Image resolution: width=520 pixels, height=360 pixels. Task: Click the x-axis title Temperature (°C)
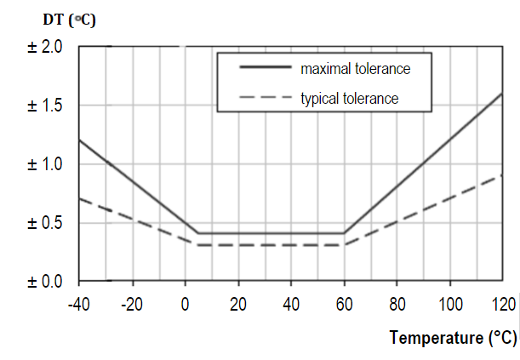pos(453,338)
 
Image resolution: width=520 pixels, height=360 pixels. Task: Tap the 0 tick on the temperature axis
pos(185,305)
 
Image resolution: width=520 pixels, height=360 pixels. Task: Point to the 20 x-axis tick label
pos(237,305)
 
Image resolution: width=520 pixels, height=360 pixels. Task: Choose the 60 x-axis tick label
pos(344,305)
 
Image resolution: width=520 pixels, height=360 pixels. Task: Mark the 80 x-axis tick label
pos(397,305)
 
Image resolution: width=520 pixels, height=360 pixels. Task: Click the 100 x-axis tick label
pos(449,305)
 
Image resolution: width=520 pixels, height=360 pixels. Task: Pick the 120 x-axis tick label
pos(502,305)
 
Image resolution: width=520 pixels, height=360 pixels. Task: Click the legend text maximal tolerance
pos(356,66)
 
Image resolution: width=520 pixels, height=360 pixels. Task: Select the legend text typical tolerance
pos(350,98)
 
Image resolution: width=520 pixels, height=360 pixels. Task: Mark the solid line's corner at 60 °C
pos(344,232)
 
